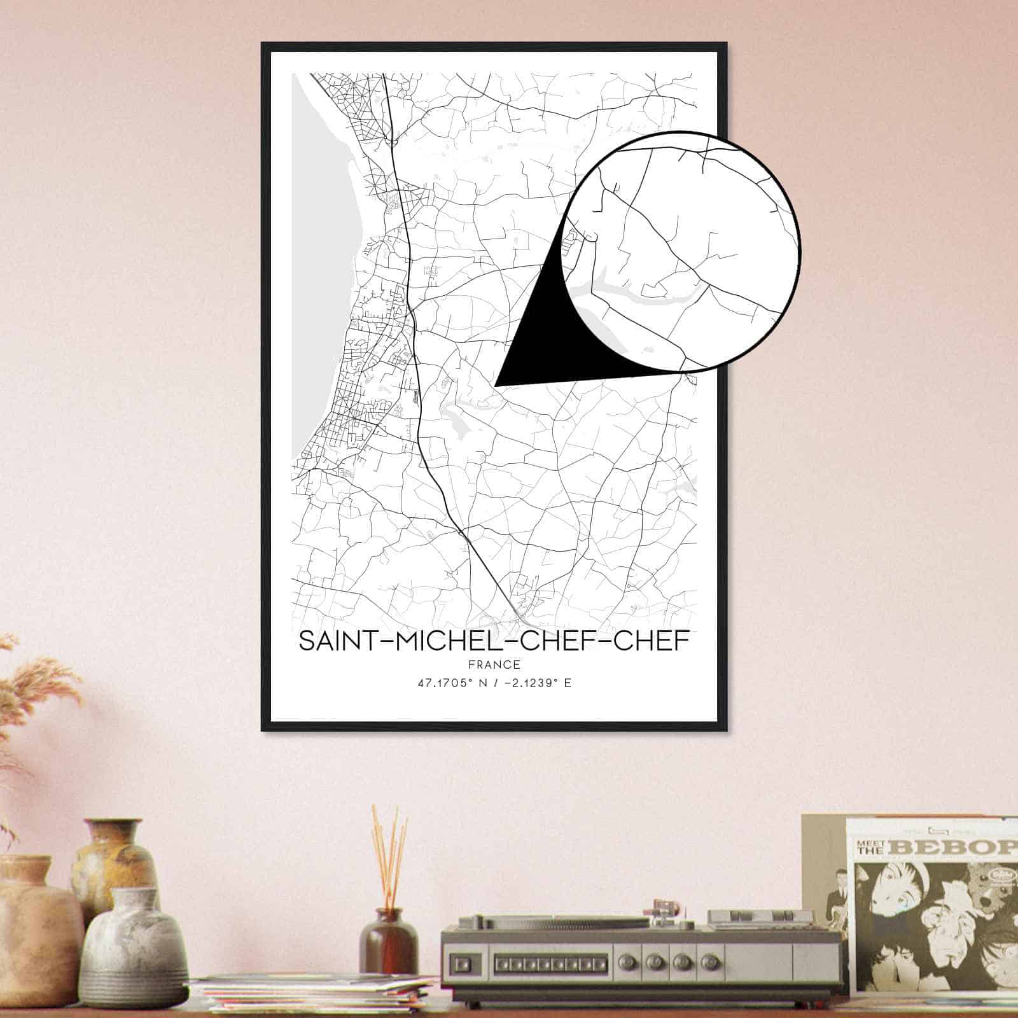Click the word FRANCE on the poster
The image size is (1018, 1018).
pyautogui.click(x=494, y=665)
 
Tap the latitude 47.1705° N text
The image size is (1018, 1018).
pyautogui.click(x=445, y=684)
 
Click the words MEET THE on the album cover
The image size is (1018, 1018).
pyautogui.click(x=868, y=848)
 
